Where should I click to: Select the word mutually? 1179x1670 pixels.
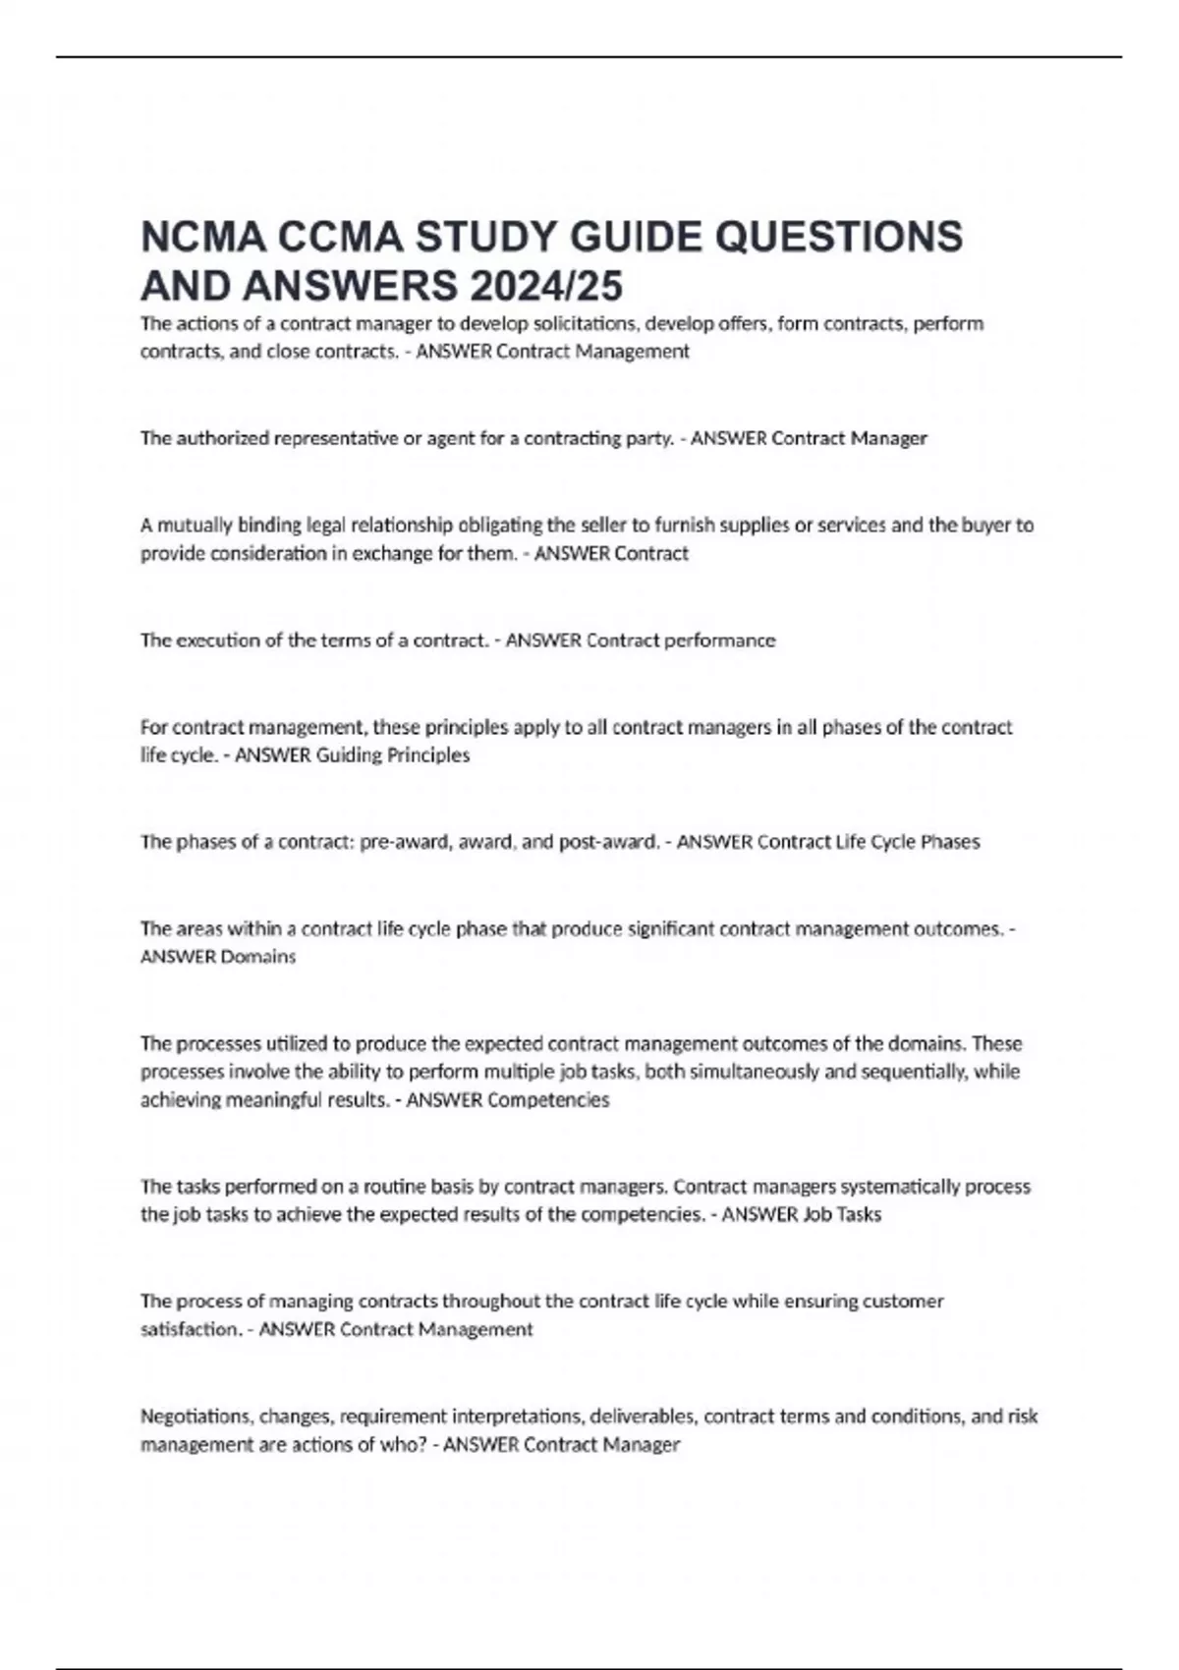click(194, 525)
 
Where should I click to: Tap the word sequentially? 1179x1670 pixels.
click(914, 1072)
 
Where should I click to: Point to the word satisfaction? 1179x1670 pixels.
click(190, 1330)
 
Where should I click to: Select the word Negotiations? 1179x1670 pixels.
click(197, 1417)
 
